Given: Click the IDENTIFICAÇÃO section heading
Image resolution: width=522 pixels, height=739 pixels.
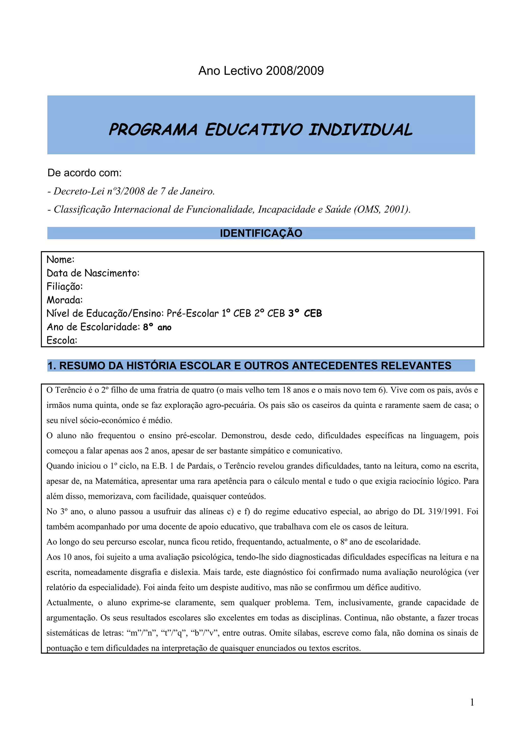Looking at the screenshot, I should [261, 233].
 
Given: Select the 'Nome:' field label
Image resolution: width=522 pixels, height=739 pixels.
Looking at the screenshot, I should [60, 259].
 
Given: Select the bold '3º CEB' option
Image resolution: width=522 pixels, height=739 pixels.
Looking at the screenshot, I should [305, 313].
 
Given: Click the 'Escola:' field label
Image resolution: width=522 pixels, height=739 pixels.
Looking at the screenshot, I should [62, 340].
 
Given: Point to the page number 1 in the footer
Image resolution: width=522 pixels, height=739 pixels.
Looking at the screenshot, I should [472, 702].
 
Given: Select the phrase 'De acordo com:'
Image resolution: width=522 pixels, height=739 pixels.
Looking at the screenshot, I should [85, 173].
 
